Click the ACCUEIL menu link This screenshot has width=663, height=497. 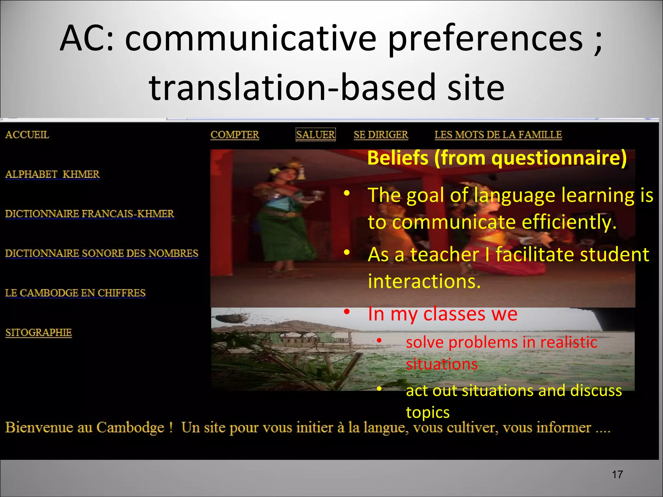(27, 135)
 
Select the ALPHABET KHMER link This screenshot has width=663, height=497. (52, 174)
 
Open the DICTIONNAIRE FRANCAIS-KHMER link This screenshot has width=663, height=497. (90, 214)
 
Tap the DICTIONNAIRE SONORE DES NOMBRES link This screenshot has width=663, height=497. (102, 253)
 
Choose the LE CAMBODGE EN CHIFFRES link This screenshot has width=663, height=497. (75, 293)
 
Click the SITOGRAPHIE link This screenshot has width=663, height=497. (39, 332)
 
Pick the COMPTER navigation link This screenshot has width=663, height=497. (235, 135)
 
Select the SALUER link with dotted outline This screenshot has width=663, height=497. (316, 135)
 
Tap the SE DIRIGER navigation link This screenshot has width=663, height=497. (381, 135)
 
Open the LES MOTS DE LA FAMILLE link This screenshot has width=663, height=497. (498, 135)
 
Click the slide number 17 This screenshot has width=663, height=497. (617, 475)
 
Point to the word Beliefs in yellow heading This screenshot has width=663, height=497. (398, 158)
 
